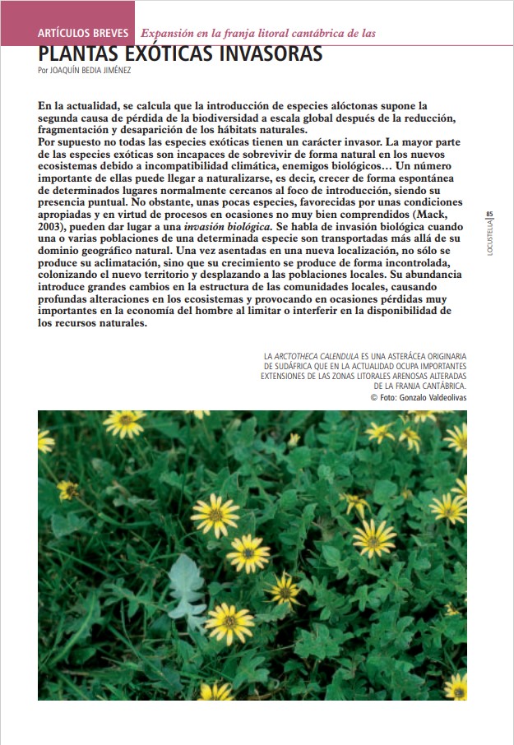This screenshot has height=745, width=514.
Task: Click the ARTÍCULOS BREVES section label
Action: click(x=83, y=34)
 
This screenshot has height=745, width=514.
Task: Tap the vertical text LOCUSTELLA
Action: click(x=490, y=238)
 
